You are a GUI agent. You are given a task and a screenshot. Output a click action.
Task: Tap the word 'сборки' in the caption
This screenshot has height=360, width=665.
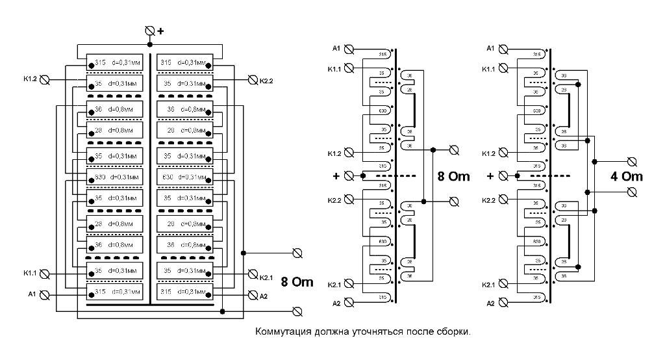453,331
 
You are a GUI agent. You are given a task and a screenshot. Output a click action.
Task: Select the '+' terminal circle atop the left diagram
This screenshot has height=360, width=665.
150,31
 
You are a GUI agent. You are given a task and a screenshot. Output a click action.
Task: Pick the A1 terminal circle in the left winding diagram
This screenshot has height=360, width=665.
45,294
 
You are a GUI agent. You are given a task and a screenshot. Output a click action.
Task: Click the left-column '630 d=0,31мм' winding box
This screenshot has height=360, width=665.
114,176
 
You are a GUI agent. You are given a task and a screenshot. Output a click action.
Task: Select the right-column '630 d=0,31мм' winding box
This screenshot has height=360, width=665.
185,176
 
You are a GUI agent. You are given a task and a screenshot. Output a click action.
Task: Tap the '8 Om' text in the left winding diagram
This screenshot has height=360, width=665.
297,282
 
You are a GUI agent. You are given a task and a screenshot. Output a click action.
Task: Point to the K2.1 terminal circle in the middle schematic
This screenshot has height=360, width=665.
349,283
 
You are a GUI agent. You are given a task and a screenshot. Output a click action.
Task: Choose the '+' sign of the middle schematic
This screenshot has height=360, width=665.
336,176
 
